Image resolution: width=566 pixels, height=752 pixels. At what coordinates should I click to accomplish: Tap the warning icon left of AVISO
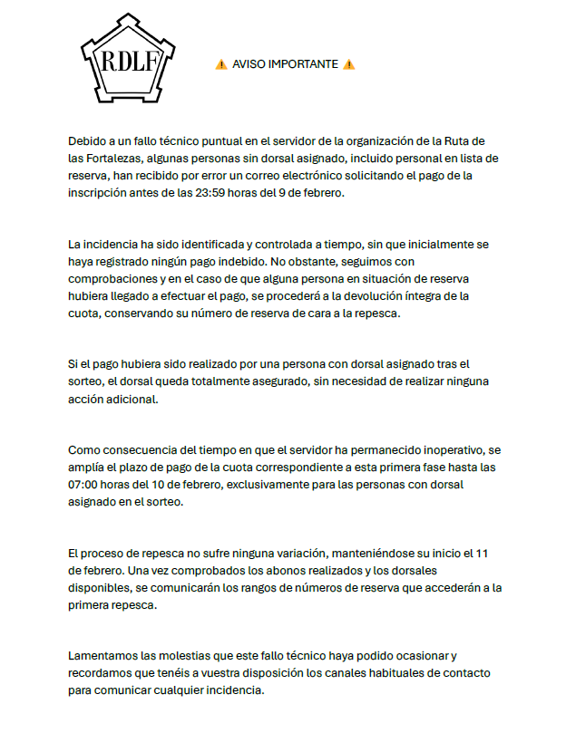220,64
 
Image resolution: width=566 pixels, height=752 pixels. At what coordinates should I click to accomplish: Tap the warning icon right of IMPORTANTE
349,64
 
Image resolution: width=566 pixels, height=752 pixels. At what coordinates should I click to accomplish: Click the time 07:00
89,485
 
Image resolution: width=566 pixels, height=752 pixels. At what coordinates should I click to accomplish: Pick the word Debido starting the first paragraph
88,140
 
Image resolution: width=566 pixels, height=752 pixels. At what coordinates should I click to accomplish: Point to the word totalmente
193,381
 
